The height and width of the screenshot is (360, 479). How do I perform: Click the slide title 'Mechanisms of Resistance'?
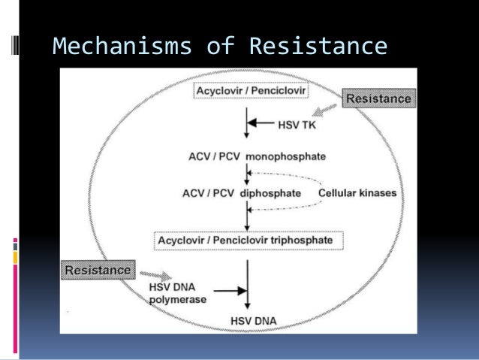click(x=220, y=47)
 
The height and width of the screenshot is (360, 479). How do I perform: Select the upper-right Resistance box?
click(x=378, y=98)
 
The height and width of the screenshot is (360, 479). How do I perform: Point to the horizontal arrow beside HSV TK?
click(x=262, y=122)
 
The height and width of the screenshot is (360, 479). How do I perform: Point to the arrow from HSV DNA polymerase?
click(x=230, y=289)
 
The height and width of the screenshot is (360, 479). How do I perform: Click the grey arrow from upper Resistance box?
click(x=325, y=111)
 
